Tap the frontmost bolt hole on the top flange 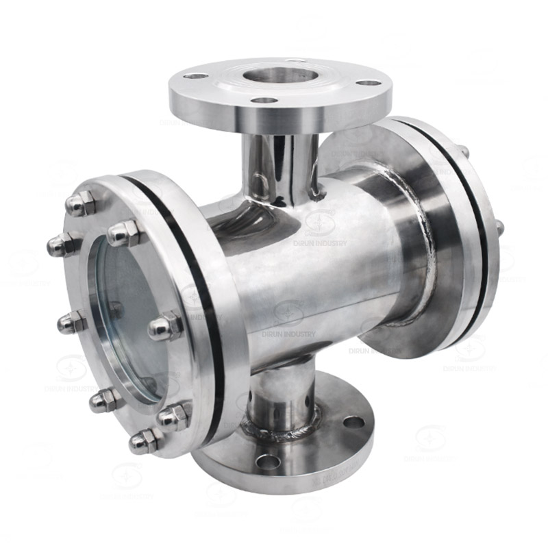pyautogui.click(x=264, y=101)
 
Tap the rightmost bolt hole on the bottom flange pyautogui.click(x=354, y=423)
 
